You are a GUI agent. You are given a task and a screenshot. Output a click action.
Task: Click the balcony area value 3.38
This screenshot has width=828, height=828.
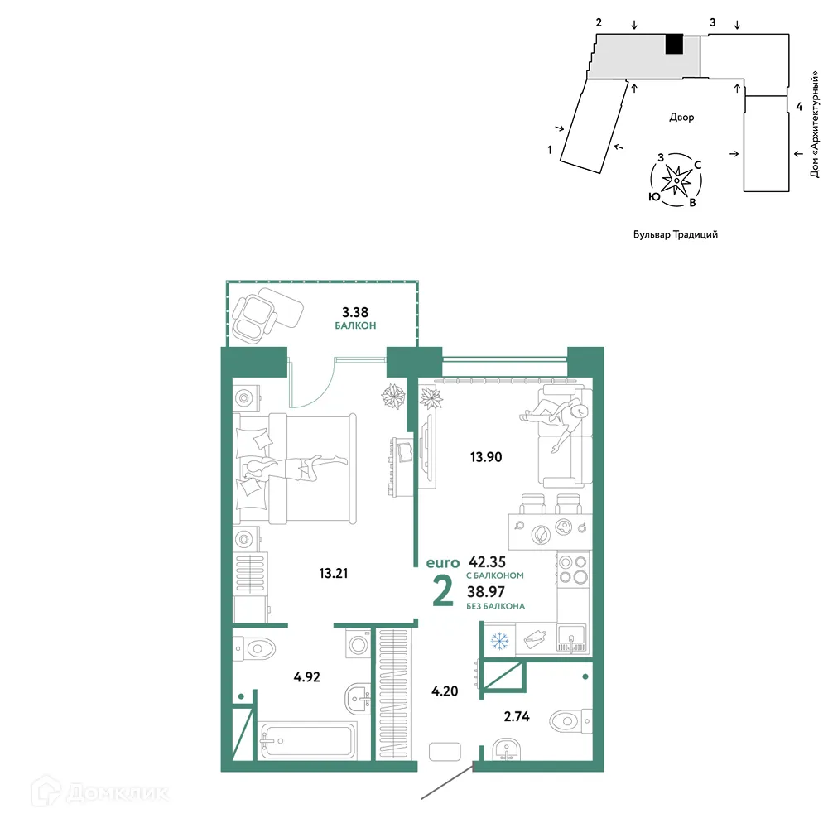pos(356,312)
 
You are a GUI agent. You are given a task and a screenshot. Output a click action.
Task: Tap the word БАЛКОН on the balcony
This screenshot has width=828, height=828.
pos(356,326)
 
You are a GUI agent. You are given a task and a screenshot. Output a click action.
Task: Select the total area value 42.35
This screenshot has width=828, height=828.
pos(489,561)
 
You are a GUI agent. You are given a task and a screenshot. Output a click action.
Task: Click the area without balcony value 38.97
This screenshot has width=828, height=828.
pos(489,591)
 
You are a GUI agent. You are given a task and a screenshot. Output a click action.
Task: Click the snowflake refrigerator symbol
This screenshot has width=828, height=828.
pos(498,640)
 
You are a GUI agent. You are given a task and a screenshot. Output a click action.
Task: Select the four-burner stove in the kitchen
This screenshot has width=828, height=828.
pos(572,570)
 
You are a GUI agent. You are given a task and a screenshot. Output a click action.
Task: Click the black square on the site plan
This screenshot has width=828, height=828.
pos(675,44)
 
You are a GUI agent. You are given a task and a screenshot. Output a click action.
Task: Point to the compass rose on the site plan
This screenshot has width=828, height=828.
pos(677,177)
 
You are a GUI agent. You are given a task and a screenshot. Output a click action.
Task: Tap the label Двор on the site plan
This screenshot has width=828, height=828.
pos(681,118)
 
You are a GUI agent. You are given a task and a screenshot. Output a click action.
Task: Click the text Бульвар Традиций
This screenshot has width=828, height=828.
pos(675,234)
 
